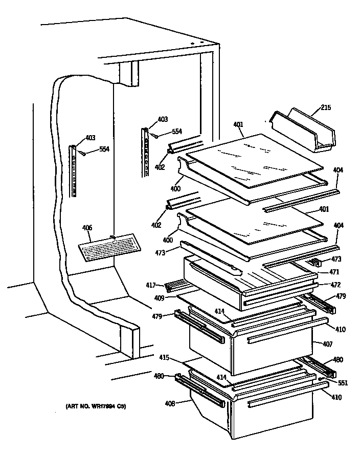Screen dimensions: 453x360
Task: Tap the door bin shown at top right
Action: (x=302, y=131)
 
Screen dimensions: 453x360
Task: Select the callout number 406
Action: (x=87, y=229)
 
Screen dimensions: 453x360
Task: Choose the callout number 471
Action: (x=334, y=272)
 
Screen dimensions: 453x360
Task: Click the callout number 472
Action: (x=335, y=284)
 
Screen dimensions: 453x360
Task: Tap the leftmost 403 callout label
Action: (x=90, y=137)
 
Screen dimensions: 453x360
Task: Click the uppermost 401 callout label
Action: (x=238, y=124)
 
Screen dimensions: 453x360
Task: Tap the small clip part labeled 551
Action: (x=321, y=379)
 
